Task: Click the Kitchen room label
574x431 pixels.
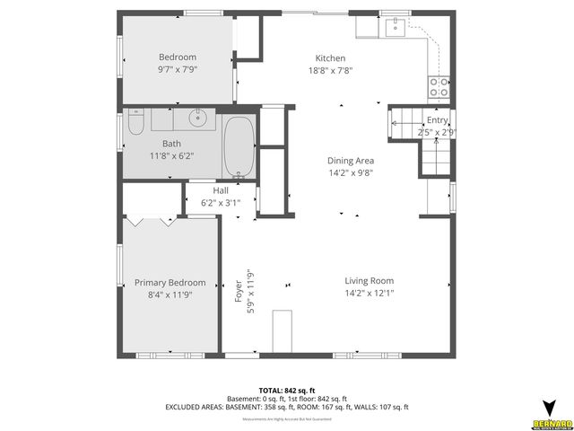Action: (330, 57)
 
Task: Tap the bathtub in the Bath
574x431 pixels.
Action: (238, 146)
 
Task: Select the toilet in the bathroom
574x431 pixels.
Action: (135, 122)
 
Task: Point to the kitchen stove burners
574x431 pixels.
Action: (439, 87)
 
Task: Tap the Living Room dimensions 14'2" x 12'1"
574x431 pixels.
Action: (370, 293)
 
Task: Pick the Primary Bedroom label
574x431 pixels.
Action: (170, 282)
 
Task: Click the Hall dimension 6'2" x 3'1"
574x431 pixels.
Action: (221, 203)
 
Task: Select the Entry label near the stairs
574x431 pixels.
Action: (437, 120)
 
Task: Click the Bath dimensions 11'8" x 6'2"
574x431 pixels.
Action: (171, 155)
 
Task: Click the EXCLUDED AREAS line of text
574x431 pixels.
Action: (286, 407)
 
